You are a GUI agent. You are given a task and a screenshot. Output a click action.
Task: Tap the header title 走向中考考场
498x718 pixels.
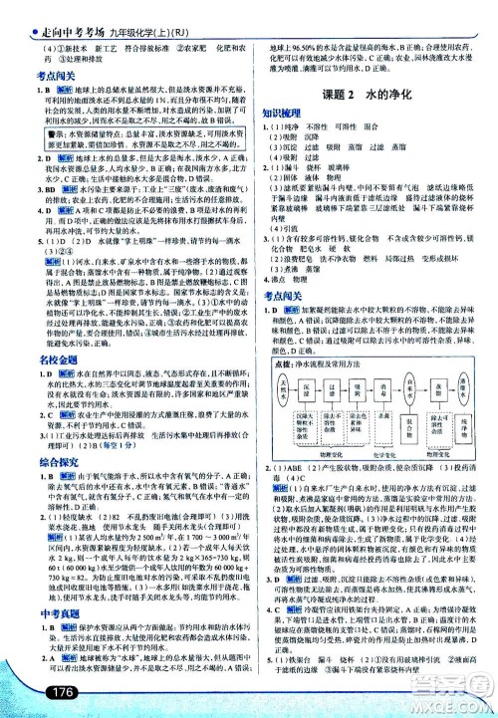coord(49,12)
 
